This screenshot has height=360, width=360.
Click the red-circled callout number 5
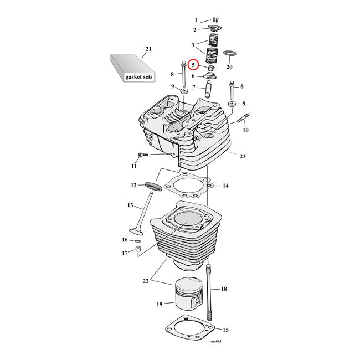click(x=193, y=65)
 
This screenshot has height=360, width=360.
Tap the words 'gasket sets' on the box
click(x=138, y=76)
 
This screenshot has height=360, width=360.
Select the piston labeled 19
click(x=189, y=295)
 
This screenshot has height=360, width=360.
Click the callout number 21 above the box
click(x=148, y=49)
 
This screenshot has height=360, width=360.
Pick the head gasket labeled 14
click(x=188, y=185)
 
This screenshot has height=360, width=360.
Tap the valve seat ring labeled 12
click(x=153, y=186)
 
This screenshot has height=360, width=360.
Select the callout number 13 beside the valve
click(x=130, y=205)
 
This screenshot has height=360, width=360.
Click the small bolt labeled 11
click(x=143, y=155)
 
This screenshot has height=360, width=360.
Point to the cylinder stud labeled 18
click(x=209, y=292)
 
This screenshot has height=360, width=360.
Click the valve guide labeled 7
click(x=209, y=89)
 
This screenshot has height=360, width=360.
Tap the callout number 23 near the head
click(x=243, y=156)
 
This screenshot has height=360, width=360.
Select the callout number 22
click(x=146, y=281)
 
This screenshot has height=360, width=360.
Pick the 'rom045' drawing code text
click(x=215, y=341)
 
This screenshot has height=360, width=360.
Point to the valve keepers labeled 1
click(x=215, y=20)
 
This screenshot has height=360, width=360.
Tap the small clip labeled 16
click(x=137, y=241)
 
